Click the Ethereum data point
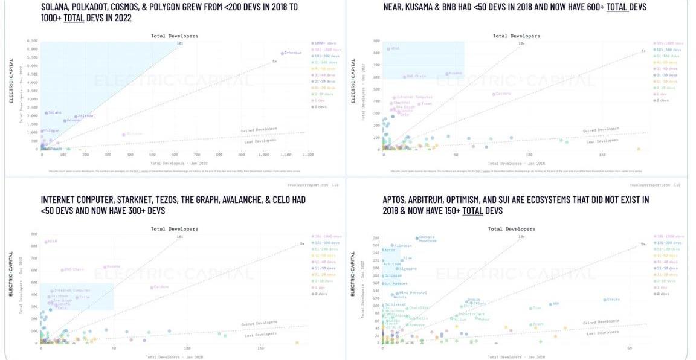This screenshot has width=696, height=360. pos(282,53)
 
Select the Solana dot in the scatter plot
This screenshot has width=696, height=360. pos(46,113)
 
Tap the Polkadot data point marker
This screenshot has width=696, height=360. pos(76,116)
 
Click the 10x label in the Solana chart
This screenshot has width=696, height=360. pos(180,43)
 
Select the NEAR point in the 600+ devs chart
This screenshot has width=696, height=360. pos(388,49)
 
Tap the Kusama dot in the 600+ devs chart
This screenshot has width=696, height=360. pos(447,74)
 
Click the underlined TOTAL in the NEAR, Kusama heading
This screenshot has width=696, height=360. pos(616,7)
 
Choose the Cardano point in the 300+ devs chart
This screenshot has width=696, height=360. pos(152,287)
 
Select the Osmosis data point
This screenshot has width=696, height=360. pos(417,237)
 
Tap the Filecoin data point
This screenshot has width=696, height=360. pos(392,246)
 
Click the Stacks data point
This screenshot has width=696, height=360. pos(605,300)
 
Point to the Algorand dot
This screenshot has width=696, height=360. pos(398,269)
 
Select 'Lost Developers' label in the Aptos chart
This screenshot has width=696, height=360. pos(602,333)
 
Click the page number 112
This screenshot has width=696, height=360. pos(677,185)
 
